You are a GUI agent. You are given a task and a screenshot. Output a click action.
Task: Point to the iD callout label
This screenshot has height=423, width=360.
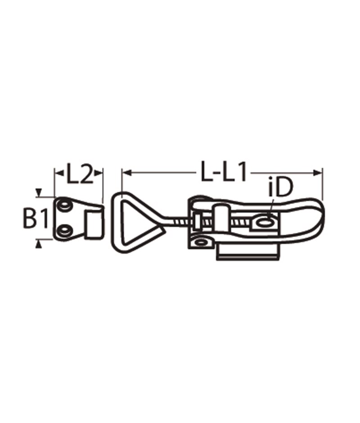click(x=280, y=188)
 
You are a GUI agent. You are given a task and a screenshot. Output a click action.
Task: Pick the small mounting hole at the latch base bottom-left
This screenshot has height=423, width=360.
click(x=201, y=242)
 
